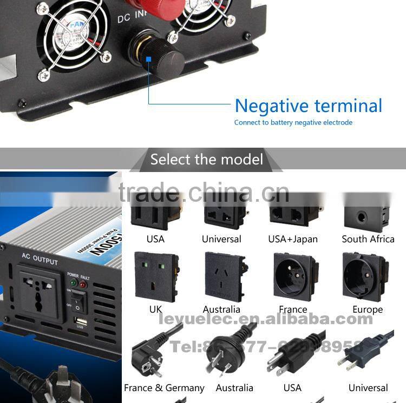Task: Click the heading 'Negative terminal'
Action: (x=309, y=105)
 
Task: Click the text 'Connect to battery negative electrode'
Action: (x=293, y=123)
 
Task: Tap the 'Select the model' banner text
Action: (x=206, y=160)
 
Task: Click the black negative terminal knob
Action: (x=161, y=57)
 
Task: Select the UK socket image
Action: (x=155, y=276)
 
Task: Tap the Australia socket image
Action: (x=224, y=278)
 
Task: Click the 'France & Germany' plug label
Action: (x=164, y=388)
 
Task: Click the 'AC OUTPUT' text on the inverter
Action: (x=40, y=259)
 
